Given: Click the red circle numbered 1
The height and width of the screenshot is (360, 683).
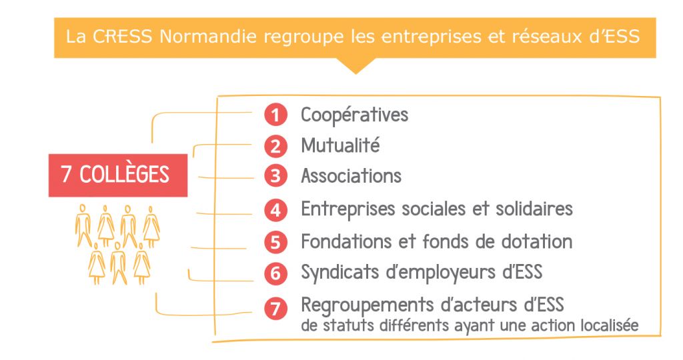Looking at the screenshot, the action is [275, 115].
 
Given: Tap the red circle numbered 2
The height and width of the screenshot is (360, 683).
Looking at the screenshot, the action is [275, 146].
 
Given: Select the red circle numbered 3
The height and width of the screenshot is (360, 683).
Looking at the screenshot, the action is [275, 176].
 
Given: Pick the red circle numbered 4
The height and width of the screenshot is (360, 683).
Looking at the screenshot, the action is [275, 210].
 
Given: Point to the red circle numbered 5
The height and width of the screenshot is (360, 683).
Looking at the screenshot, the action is [275, 242].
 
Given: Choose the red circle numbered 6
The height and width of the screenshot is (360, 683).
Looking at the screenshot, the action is [275, 273].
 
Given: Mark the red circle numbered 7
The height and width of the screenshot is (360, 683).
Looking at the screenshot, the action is [275, 308].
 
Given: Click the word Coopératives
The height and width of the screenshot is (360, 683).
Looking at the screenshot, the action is [355, 115].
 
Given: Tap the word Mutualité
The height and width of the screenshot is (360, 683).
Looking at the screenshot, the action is [340, 145].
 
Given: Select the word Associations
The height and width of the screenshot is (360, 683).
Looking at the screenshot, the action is [351, 176].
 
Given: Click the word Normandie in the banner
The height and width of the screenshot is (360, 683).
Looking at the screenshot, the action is [208, 37].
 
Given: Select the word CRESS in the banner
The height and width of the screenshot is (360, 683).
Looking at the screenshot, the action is [123, 37].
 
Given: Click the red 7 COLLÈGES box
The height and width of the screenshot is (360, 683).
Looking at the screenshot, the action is [118, 175].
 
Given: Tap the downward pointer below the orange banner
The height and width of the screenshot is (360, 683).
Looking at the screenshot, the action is [356, 65].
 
